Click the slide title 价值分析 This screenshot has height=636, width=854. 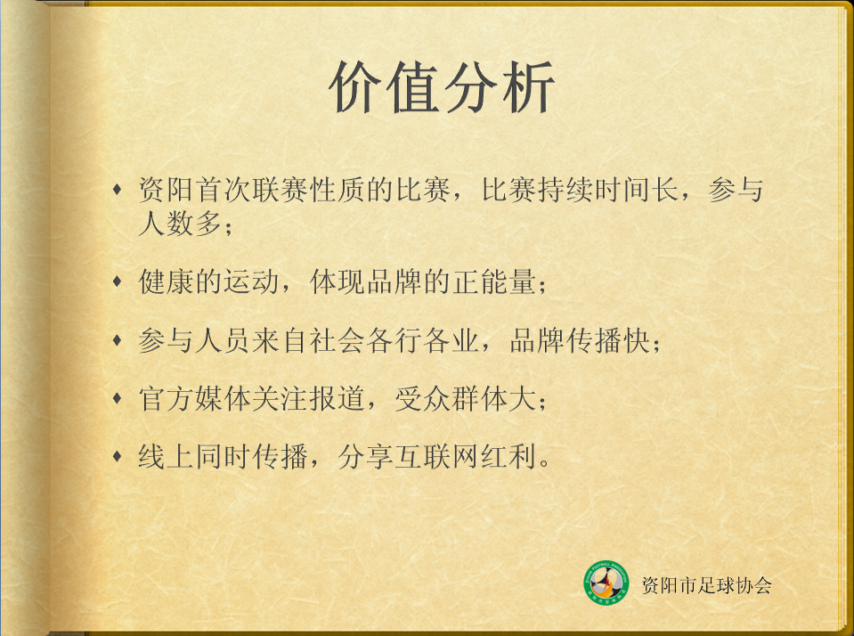pos(442,87)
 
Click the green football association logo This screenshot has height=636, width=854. pos(606,583)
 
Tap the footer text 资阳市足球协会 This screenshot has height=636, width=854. pos(706,585)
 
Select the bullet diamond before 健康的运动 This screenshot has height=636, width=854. pos(117,281)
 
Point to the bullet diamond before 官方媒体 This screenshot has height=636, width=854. pos(117,398)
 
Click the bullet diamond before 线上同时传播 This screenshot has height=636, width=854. pos(117,456)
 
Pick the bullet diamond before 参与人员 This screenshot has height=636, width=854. pos(117,340)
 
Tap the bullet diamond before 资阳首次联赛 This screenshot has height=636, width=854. pos(117,190)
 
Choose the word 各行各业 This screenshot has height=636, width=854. pos(422,340)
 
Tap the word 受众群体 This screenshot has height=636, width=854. pos(451,398)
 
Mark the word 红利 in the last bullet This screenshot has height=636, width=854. pos(508,457)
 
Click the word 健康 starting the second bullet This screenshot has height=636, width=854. pos(167,281)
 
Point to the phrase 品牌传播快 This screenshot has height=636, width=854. pos(580,340)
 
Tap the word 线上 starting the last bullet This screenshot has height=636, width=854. pos(167,457)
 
